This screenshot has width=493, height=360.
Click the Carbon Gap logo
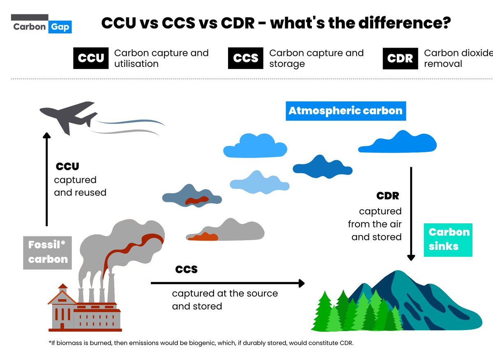[x=41, y=25]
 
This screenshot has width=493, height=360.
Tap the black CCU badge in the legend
[x=91, y=58]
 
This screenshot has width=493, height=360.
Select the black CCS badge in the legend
[x=246, y=58]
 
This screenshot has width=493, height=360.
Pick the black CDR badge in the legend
[x=400, y=58]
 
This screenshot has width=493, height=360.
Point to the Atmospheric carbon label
[x=346, y=111]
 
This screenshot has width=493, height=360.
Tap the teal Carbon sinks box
[x=449, y=239]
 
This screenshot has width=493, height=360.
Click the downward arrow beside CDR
[x=411, y=213]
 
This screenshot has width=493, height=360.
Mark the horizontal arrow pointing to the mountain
[x=228, y=283]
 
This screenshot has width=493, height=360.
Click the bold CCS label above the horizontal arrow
[x=187, y=269]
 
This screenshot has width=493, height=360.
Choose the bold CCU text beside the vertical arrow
[x=67, y=167]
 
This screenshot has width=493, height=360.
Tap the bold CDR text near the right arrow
[x=387, y=196]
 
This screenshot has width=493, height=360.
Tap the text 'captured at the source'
[x=225, y=294]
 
